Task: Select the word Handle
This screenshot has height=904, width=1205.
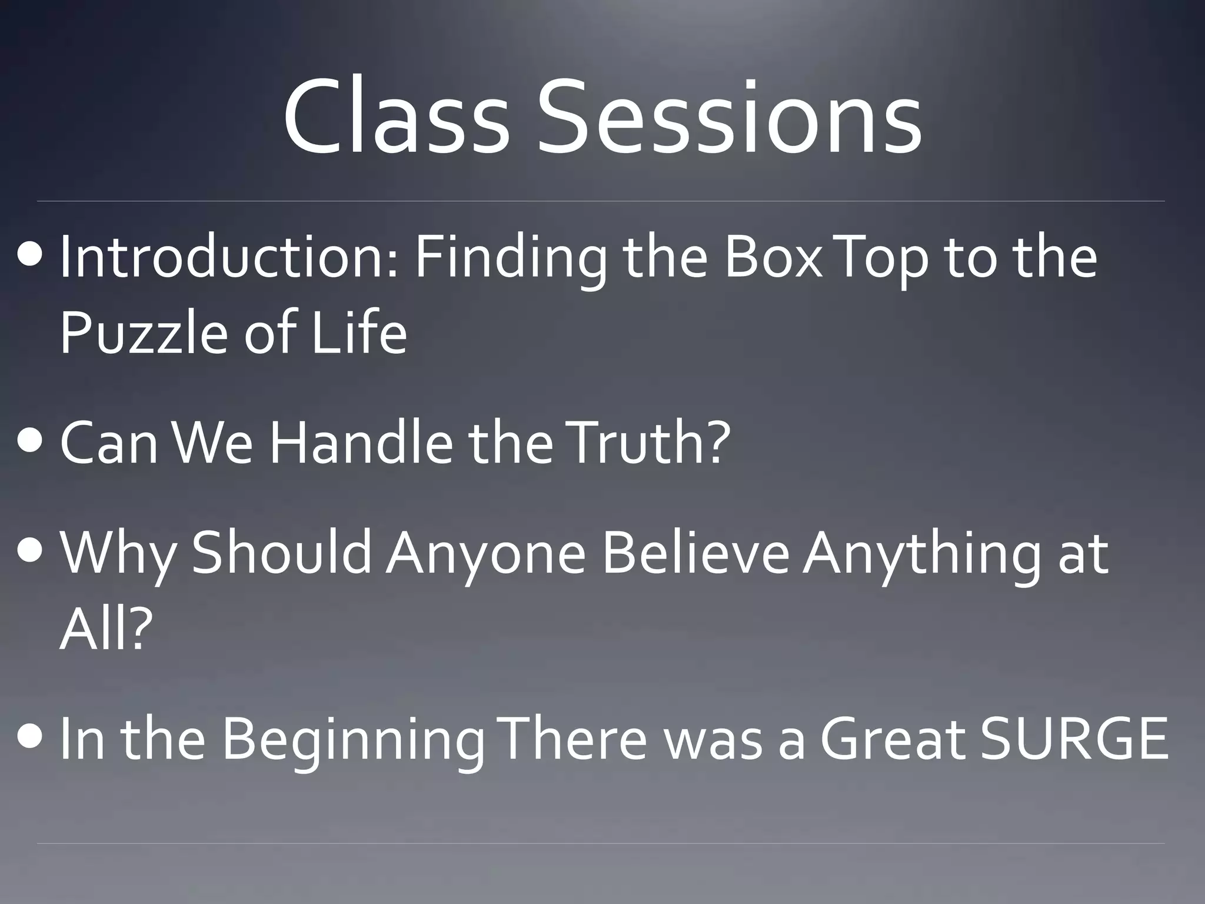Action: (x=361, y=443)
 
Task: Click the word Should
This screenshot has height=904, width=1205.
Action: (x=281, y=553)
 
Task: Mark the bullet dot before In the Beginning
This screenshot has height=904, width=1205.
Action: (x=30, y=739)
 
